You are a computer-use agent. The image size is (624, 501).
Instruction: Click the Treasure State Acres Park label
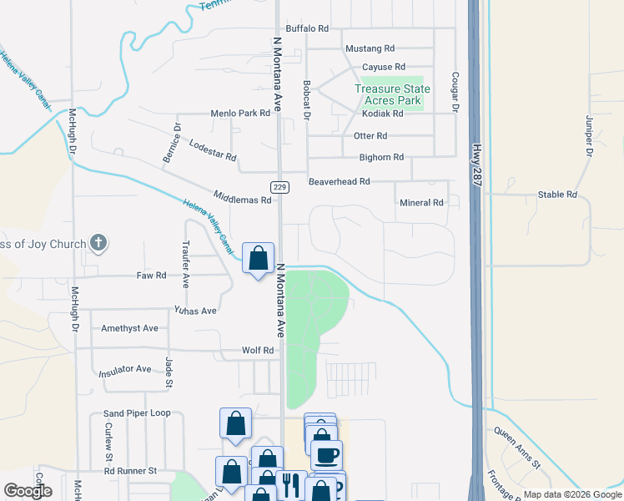coord(392,94)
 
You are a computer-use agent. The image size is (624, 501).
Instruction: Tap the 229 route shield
coord(279,187)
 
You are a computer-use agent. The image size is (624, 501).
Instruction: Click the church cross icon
coord(98,244)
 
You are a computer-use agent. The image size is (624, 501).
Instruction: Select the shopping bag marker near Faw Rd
coord(258,257)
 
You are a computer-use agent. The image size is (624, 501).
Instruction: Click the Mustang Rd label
coord(371,48)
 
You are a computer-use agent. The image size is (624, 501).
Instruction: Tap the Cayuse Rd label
coord(383,67)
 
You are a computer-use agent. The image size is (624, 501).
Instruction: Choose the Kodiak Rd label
coord(382,114)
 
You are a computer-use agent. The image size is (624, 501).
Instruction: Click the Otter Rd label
coord(370,135)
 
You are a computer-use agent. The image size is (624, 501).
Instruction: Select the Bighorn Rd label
coord(381,157)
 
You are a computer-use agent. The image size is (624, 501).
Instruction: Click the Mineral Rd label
coord(421,203)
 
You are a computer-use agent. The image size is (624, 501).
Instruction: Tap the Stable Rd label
coord(558,195)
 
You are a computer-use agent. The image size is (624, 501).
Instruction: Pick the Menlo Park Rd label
coord(240,113)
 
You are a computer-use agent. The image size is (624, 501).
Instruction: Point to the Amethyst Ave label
coord(129,328)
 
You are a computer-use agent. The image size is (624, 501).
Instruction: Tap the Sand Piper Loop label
coord(137,413)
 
